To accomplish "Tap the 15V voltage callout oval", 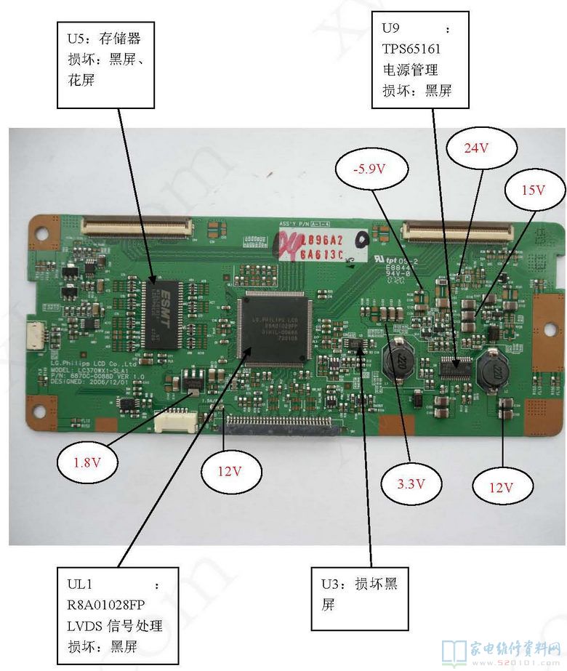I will point(533,190).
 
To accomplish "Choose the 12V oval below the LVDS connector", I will point(228,471).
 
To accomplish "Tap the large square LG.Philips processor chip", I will point(273,329).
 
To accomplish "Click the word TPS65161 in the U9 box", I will point(411,49).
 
